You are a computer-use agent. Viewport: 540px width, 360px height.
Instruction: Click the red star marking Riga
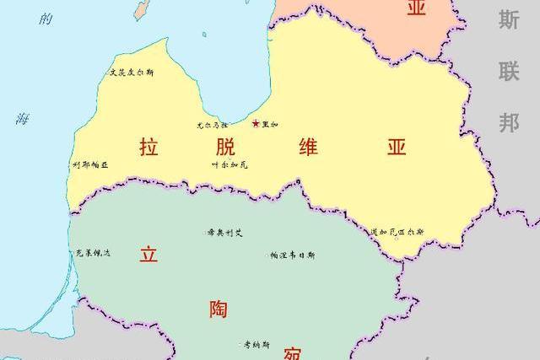click(256, 124)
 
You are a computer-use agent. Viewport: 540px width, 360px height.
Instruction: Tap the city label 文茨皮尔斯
click(132, 73)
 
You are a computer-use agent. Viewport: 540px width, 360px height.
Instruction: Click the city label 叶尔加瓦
click(229, 164)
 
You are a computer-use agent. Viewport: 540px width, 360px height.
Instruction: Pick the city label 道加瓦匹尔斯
click(397, 231)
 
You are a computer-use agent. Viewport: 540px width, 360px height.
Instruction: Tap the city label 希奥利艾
click(224, 232)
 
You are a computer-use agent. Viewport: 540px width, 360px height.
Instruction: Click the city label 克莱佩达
click(93, 253)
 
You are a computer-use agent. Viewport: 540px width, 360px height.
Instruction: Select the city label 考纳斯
click(256, 344)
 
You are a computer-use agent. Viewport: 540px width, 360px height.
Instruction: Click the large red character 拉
click(148, 147)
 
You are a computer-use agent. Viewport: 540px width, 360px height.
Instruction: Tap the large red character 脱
click(225, 147)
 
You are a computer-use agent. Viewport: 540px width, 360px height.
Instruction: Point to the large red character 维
click(309, 147)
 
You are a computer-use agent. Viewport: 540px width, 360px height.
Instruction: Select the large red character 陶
click(218, 309)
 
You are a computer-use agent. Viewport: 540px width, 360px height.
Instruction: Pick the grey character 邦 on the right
click(508, 123)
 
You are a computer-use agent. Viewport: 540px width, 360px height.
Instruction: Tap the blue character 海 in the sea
click(22, 119)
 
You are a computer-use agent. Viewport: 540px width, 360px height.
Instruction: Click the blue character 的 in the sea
click(46, 19)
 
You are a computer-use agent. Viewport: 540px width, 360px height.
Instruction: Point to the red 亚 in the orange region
click(416, 8)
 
